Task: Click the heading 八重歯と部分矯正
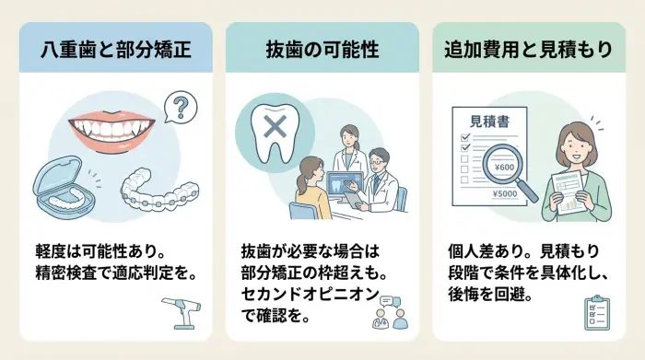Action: (x=115, y=50)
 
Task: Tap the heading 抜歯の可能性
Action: (x=322, y=50)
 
